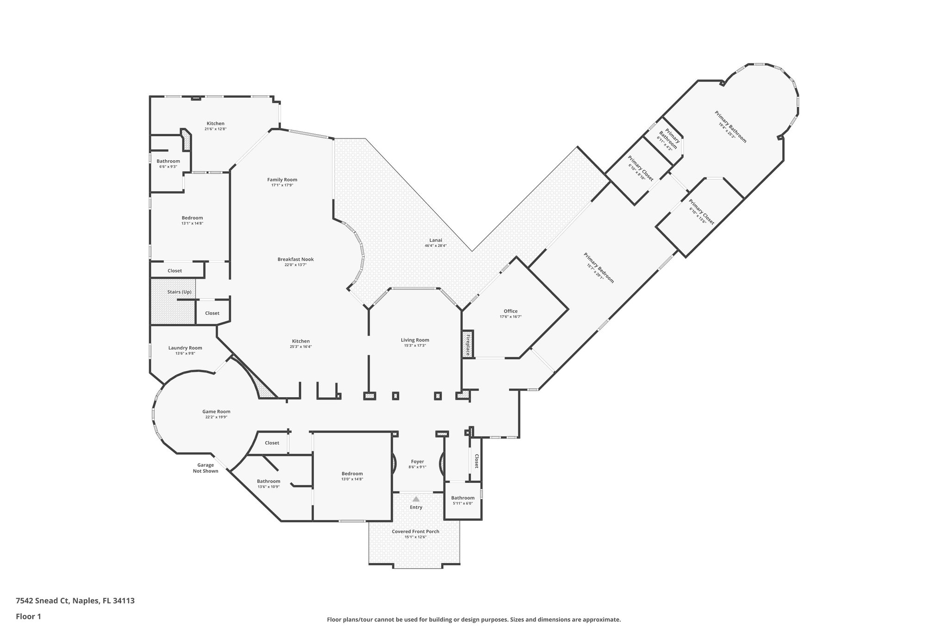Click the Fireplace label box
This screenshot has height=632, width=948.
(468, 344)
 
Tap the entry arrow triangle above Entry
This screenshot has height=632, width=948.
(416, 499)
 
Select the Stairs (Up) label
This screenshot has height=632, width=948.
(179, 292)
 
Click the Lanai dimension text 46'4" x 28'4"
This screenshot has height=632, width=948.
(436, 246)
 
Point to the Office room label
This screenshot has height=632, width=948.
(511, 311)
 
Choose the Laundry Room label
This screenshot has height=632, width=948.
(185, 348)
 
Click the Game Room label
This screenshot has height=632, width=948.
(216, 412)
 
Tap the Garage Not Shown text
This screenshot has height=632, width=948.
(206, 468)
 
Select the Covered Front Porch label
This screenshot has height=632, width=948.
(416, 532)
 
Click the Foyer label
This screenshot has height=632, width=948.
(418, 462)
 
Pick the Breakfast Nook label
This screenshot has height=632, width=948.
(296, 259)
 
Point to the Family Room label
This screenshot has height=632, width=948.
(282, 180)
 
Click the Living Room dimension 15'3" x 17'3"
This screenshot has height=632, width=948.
(415, 346)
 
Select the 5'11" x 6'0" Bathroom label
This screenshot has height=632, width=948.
(463, 498)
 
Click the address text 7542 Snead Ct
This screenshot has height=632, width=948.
(43, 601)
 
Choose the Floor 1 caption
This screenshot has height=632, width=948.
(29, 617)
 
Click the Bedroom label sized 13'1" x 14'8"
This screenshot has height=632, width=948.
(192, 218)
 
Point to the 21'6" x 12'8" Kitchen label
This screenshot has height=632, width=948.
(216, 124)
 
